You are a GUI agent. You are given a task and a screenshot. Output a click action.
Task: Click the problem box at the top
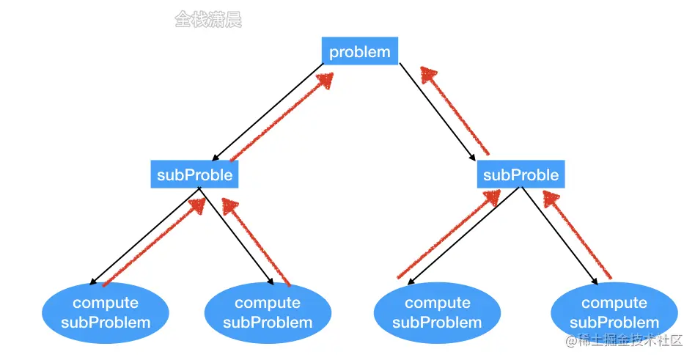[360, 52]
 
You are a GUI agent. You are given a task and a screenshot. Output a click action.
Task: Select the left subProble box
[194, 175]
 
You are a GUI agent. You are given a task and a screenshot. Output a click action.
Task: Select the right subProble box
[521, 175]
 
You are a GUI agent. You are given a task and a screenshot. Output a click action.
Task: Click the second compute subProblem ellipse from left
[268, 313]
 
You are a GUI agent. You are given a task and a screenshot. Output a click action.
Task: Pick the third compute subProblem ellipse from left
[437, 313]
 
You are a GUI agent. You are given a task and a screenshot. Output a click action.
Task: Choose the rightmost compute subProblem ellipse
[614, 313]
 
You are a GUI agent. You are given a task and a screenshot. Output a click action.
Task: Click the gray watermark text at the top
[208, 20]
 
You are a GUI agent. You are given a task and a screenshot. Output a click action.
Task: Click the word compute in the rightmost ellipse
[614, 304]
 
